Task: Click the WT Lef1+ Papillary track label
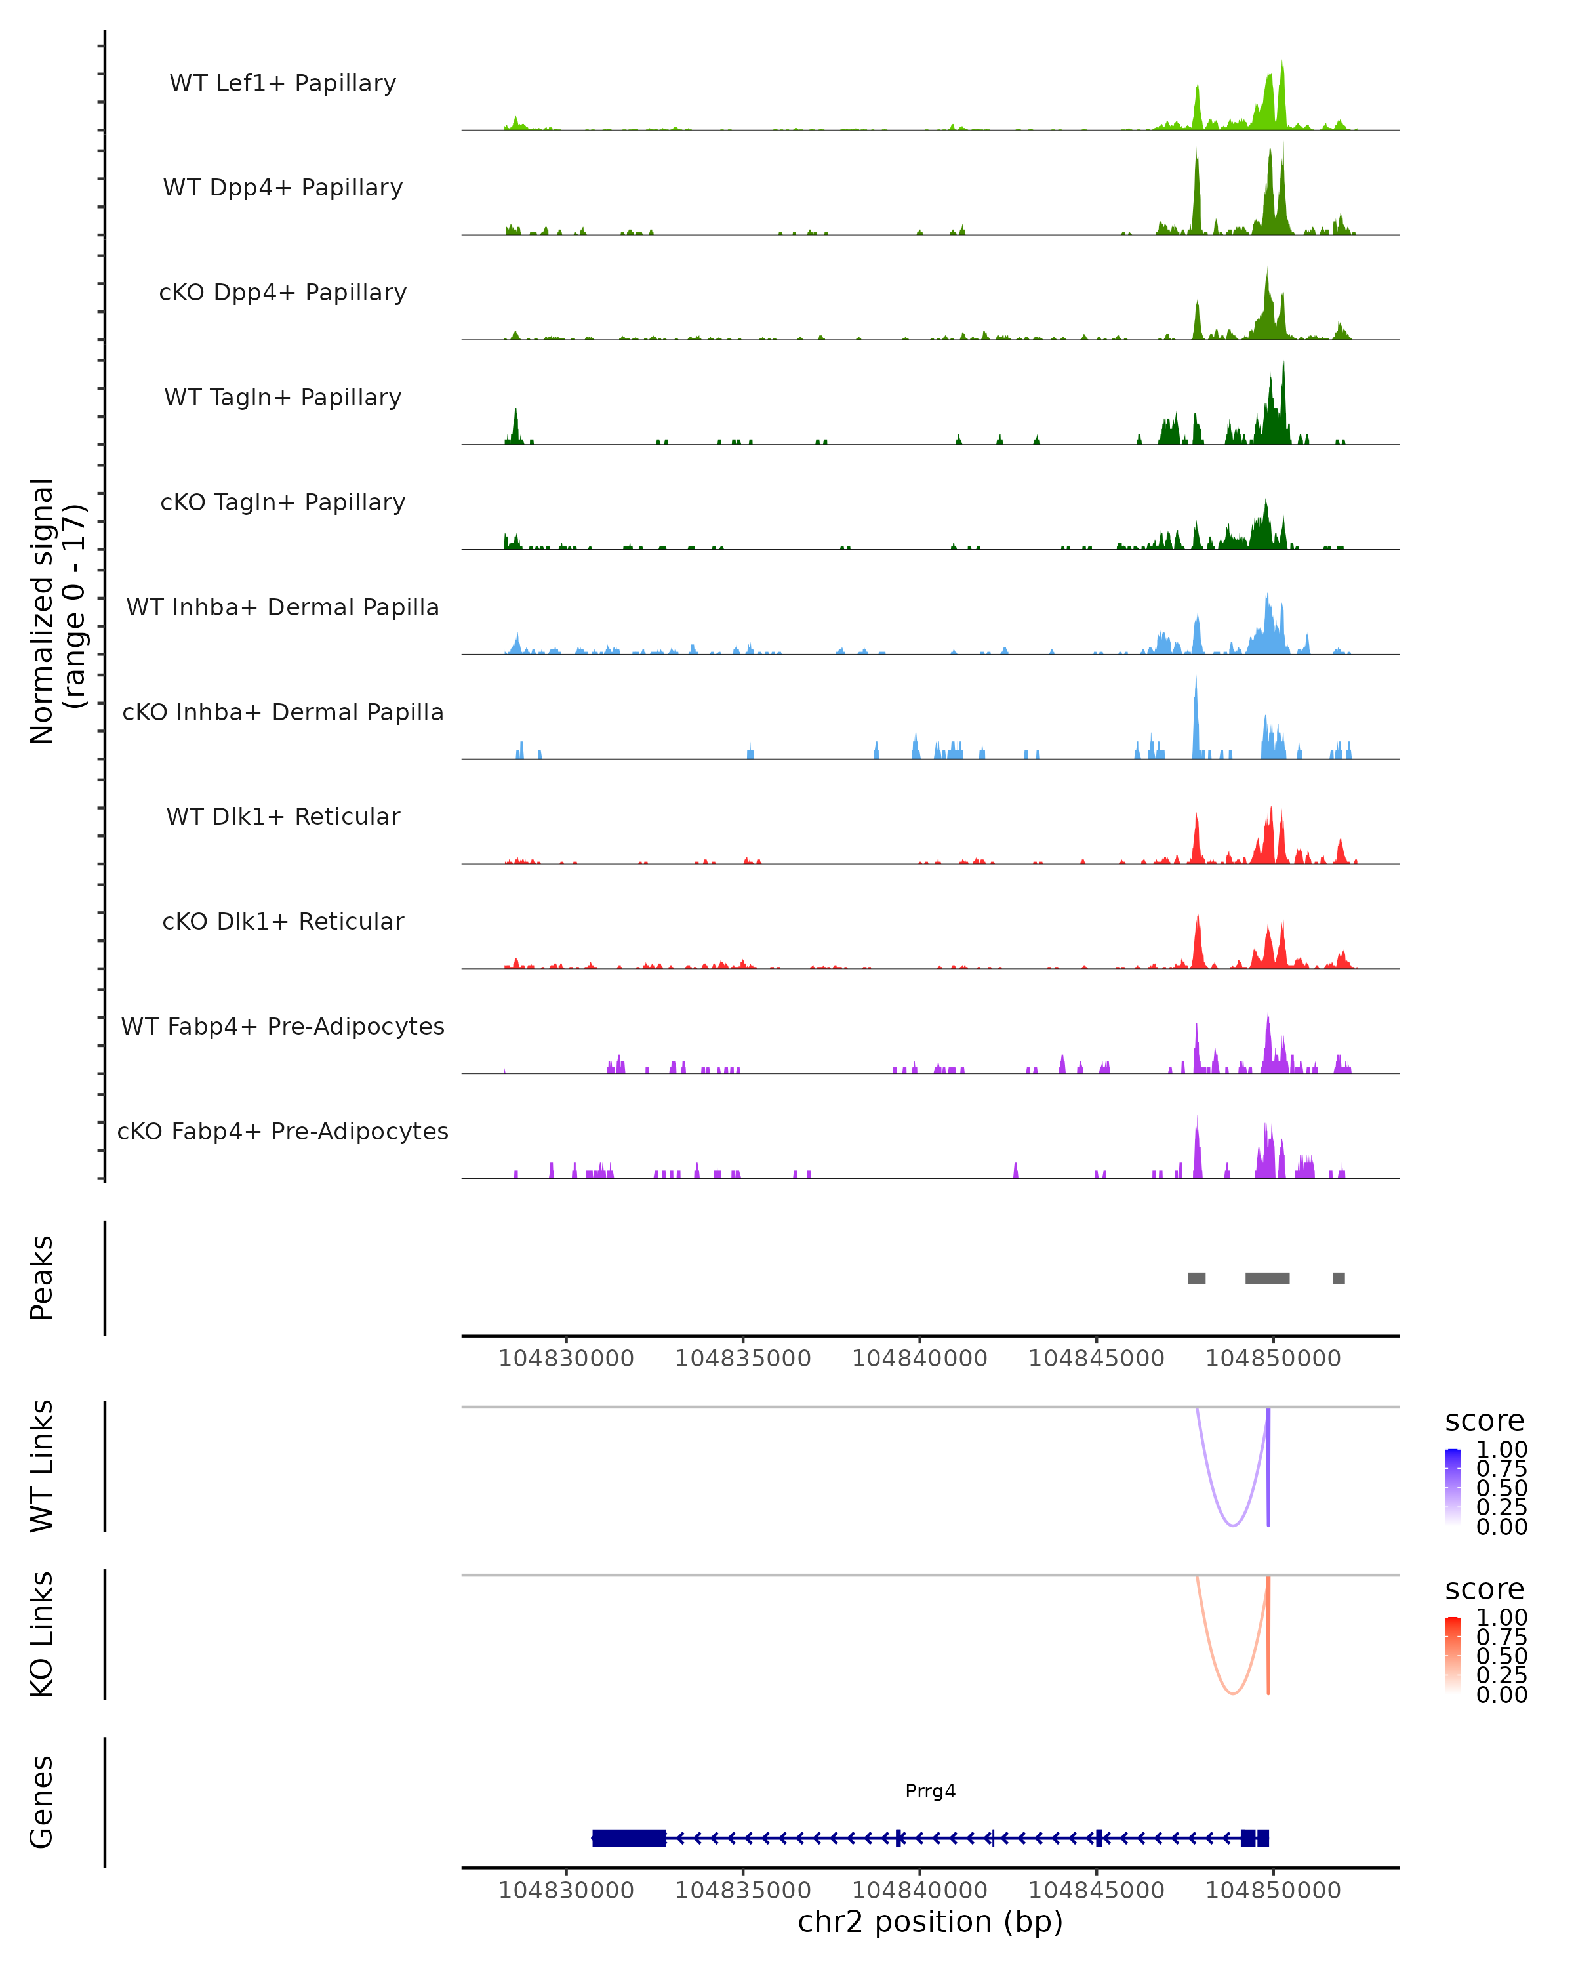(283, 83)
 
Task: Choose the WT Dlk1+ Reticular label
(283, 816)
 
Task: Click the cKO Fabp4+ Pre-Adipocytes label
(283, 1131)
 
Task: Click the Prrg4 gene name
(930, 1791)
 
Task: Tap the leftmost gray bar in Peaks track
(1196, 1278)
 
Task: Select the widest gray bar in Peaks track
(1268, 1278)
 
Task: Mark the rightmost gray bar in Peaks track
(1339, 1278)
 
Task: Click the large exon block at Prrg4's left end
(629, 1838)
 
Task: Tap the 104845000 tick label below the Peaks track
(1096, 1359)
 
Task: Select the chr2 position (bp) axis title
(930, 1922)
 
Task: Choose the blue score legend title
(1483, 1422)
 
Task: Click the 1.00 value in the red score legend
(1501, 1618)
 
